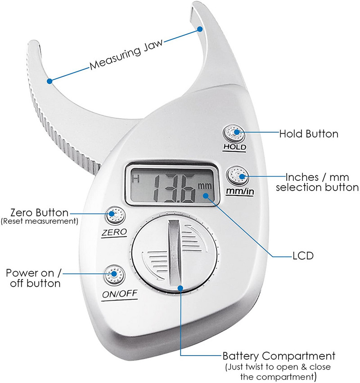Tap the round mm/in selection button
[237, 176]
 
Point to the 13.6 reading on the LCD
[173, 187]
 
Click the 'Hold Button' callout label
[308, 134]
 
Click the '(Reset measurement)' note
[40, 221]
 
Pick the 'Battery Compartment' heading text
[279, 356]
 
